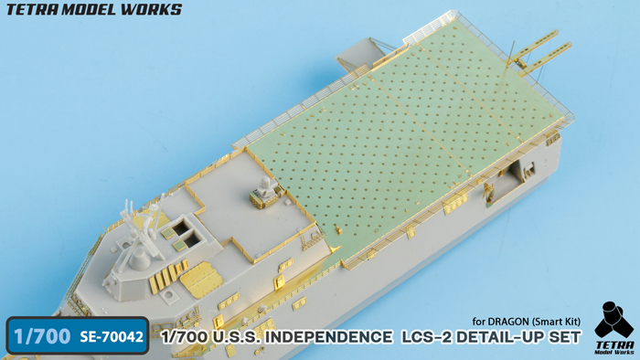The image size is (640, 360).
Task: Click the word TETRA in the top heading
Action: (x=31, y=9)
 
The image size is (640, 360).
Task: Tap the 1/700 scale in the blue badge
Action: (x=42, y=337)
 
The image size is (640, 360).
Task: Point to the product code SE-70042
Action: (x=112, y=337)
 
